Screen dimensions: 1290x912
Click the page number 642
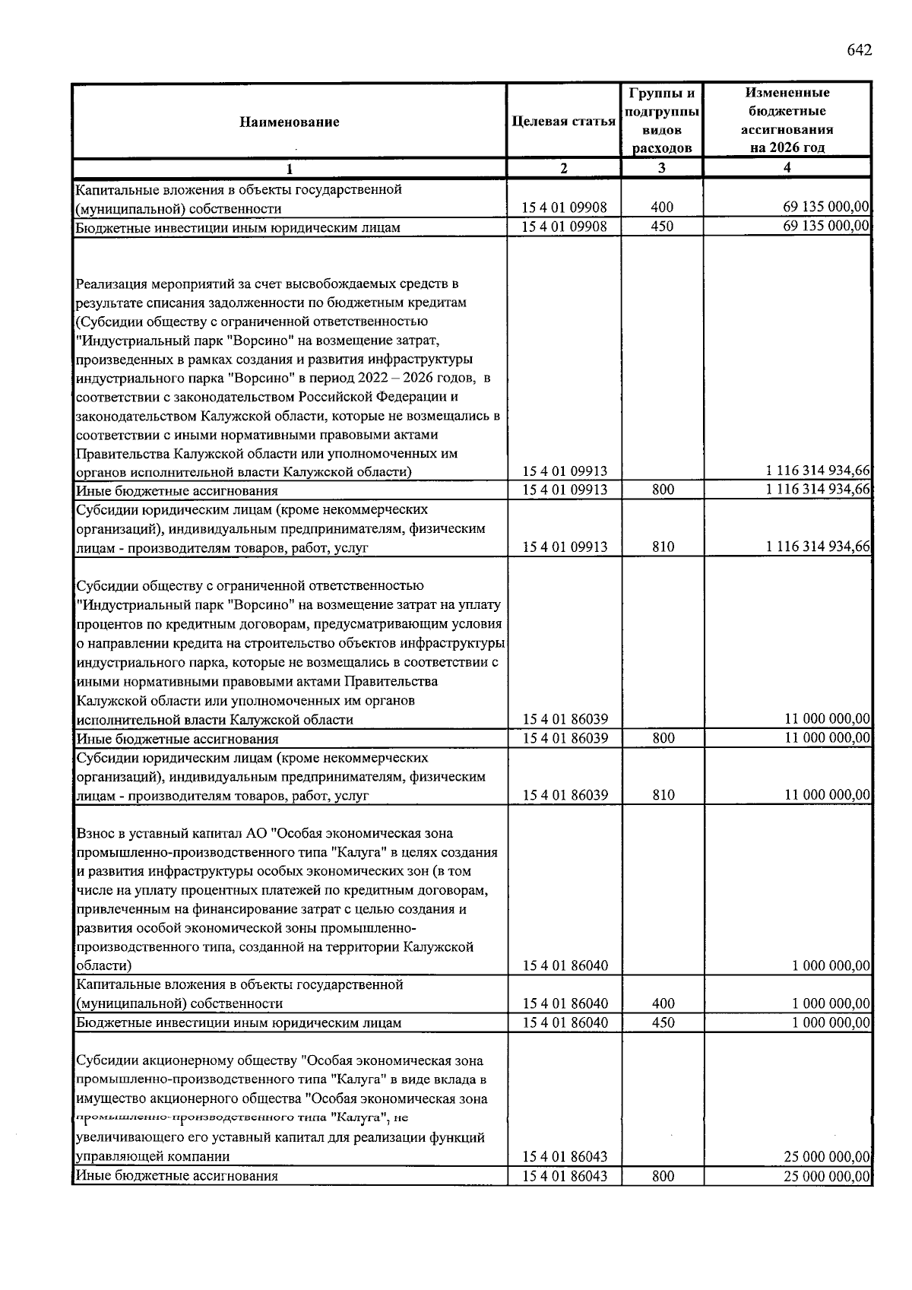(x=859, y=50)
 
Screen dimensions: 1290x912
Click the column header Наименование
(x=290, y=122)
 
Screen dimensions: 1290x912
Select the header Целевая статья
(x=563, y=122)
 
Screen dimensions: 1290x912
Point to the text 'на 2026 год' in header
(x=787, y=147)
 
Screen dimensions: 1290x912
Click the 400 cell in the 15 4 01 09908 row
(x=662, y=208)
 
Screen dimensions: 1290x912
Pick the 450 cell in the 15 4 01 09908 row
(x=662, y=227)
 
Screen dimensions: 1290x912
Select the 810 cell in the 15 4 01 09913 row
(x=663, y=547)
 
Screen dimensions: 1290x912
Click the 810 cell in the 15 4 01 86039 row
(x=663, y=795)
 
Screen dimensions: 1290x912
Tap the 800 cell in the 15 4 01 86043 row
(x=663, y=1175)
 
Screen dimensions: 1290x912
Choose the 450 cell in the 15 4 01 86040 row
(x=663, y=1022)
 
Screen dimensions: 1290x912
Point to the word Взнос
(x=95, y=834)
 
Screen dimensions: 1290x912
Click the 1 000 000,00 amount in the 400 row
(x=830, y=1003)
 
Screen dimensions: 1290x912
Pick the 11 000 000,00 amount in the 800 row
(x=827, y=738)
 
